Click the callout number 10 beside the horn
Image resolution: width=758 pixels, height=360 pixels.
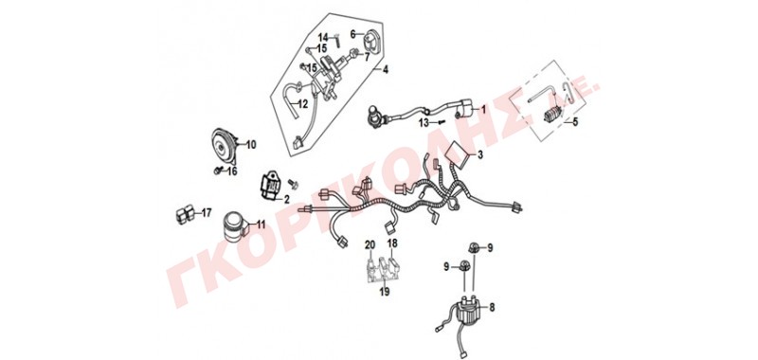tap(251, 145)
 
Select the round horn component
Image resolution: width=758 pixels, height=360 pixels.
tap(225, 145)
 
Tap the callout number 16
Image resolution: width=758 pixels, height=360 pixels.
tap(232, 171)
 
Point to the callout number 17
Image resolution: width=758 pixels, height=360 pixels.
tap(207, 212)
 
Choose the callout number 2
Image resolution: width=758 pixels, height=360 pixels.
tap(287, 199)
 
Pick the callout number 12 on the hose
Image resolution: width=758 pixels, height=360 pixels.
tap(302, 104)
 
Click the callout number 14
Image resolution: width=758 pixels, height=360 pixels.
tap(323, 37)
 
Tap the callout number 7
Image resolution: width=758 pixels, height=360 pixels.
tap(367, 58)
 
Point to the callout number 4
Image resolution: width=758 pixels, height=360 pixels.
tap(386, 70)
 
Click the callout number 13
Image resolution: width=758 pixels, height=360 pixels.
tap(424, 123)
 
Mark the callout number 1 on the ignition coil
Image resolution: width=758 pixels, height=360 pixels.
tap(482, 110)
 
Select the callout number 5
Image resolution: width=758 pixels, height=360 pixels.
tap(575, 123)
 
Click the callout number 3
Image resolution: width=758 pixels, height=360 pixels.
tap(480, 155)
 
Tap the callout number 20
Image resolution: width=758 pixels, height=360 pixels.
tap(370, 244)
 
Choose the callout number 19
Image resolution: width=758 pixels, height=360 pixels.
tap(385, 292)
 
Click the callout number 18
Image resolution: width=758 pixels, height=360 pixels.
tap(392, 243)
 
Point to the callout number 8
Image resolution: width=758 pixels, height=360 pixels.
tap(492, 306)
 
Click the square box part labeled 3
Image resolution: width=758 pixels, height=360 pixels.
tap(458, 153)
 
